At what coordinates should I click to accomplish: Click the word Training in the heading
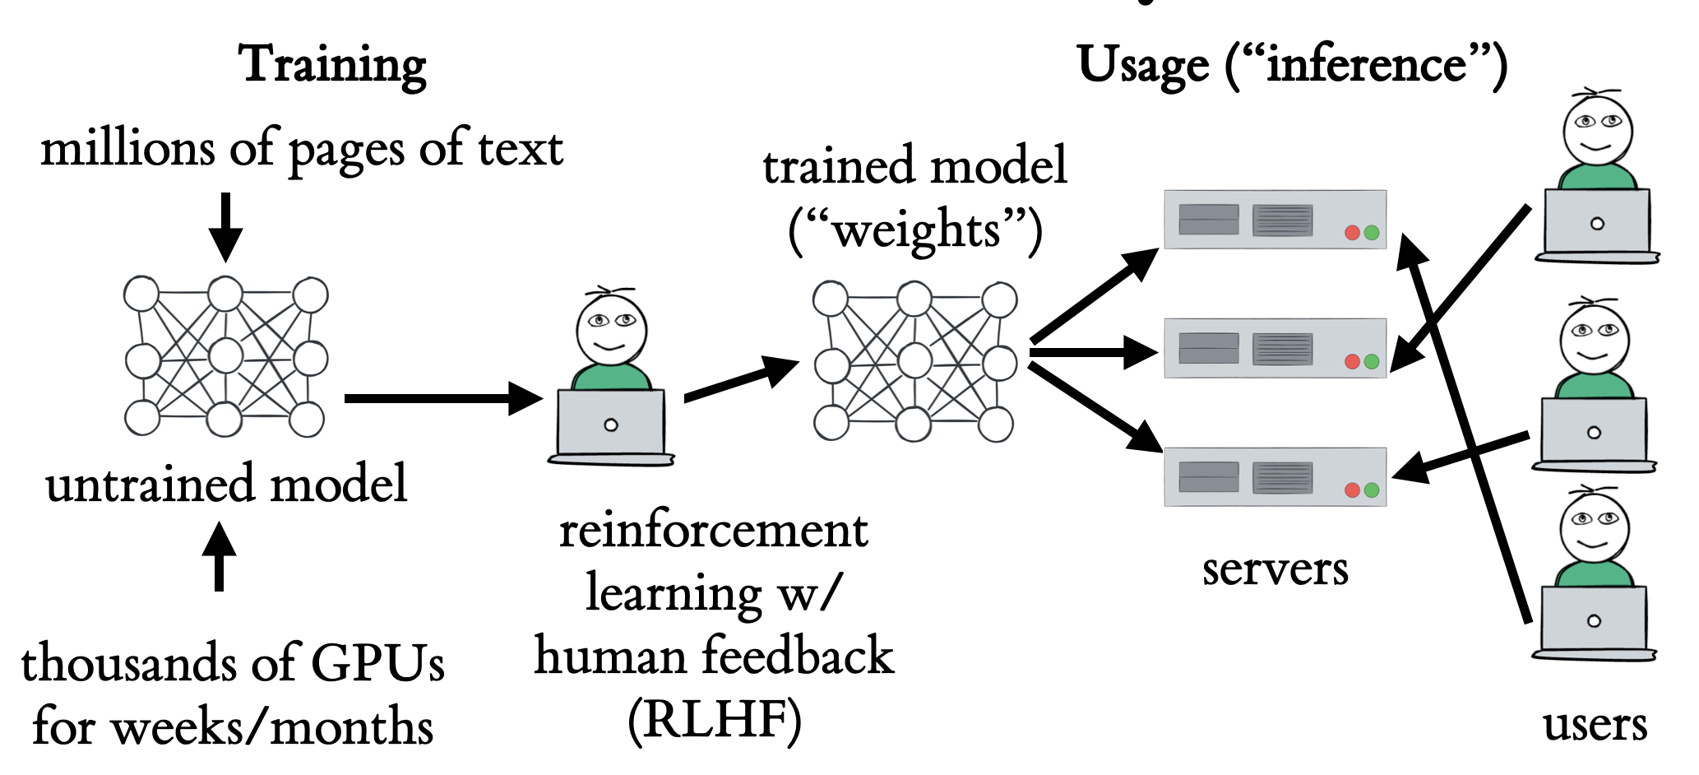(x=332, y=64)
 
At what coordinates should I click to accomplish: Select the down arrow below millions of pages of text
(x=225, y=227)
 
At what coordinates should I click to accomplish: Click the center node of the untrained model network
(x=225, y=356)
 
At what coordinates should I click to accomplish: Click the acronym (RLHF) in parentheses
(x=714, y=720)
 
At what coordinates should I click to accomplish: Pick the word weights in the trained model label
(x=915, y=230)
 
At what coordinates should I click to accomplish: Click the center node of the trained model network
(x=914, y=360)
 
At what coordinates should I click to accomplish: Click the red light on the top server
(x=1352, y=233)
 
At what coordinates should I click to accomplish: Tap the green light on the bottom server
(x=1372, y=490)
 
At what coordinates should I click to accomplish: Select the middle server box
(x=1275, y=348)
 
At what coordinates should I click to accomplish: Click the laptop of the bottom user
(x=1594, y=620)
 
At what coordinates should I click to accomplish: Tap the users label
(x=1595, y=725)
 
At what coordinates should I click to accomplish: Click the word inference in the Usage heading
(x=1366, y=64)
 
